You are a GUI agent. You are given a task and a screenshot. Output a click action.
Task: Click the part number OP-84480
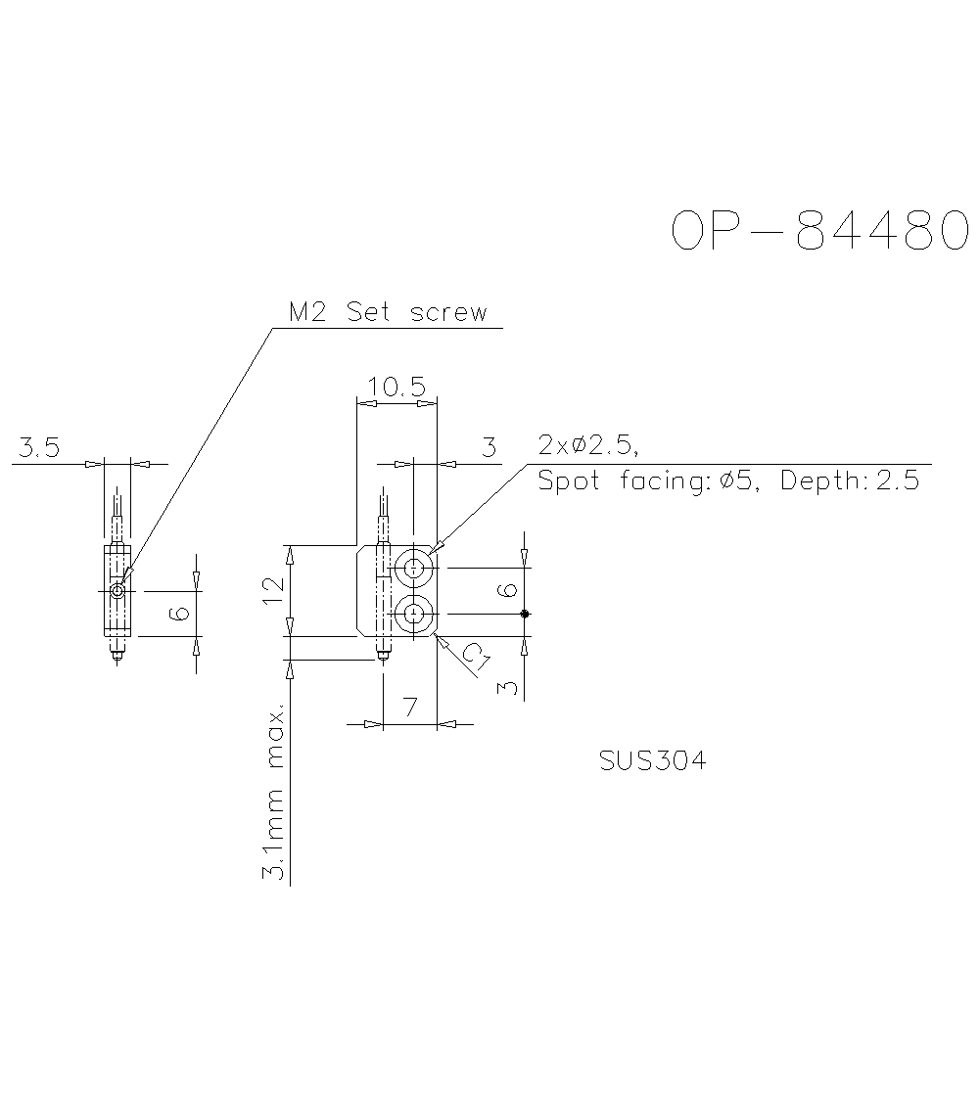(x=819, y=232)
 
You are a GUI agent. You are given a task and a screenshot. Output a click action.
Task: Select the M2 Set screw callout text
(x=388, y=313)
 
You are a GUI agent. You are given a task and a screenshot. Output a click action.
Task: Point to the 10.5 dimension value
(x=396, y=388)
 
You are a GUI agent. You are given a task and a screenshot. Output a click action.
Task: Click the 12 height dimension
(x=273, y=590)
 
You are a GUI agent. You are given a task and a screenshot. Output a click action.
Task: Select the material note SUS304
(x=652, y=760)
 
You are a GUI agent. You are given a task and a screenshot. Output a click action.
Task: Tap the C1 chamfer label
(x=474, y=659)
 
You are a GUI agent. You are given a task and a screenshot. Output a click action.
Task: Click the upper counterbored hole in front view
(x=414, y=567)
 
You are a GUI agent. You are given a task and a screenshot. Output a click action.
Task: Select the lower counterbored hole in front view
(x=414, y=614)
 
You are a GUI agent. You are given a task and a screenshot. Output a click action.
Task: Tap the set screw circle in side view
(x=117, y=591)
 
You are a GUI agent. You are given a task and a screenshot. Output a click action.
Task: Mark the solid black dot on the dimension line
(x=525, y=614)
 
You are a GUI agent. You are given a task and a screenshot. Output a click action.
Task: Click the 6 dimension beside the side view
(x=179, y=614)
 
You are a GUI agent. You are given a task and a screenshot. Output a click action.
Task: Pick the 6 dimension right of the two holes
(x=506, y=590)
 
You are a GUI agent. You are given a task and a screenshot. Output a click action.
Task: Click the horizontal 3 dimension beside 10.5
(x=489, y=448)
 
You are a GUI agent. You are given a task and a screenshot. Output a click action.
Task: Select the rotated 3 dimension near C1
(x=506, y=687)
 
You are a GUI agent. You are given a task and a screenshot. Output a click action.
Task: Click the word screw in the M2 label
(x=448, y=313)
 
